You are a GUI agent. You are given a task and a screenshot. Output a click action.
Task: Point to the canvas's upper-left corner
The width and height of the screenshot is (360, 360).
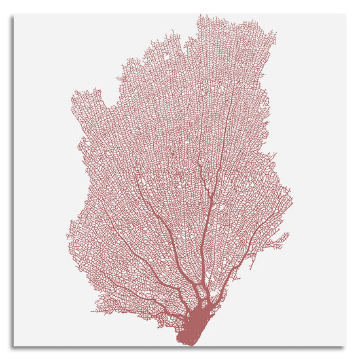point(14,15)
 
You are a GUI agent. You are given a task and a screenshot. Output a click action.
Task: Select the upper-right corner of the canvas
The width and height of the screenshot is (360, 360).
point(345,15)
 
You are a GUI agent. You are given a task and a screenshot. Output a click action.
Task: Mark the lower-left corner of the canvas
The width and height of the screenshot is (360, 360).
point(14,345)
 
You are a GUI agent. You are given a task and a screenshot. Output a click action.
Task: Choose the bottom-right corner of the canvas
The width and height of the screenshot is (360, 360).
point(345,345)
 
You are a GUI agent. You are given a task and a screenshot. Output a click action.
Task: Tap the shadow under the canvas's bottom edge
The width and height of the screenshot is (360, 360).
point(180,348)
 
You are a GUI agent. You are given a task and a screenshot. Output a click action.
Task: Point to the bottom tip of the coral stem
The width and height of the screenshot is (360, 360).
point(183,343)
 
